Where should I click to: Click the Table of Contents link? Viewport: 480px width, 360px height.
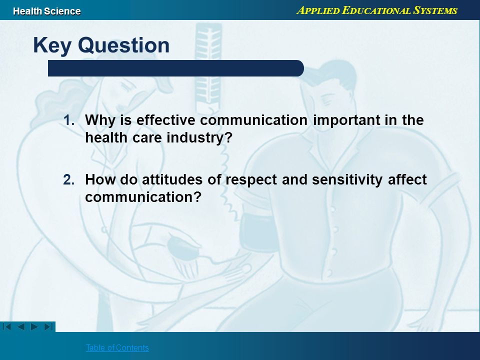pos(117,347)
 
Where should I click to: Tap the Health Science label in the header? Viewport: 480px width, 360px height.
pos(47,11)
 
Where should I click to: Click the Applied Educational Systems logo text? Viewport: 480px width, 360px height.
pos(377,10)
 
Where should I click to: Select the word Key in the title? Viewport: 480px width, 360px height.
pos(52,45)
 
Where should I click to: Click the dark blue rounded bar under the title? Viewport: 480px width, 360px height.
pos(175,68)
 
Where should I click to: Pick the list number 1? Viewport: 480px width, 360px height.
pos(69,120)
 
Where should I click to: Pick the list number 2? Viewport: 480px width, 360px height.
pos(69,179)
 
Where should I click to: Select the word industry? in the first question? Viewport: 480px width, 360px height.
pos(199,138)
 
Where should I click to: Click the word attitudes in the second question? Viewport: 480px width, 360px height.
pos(172,179)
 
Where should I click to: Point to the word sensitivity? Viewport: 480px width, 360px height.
pos(347,179)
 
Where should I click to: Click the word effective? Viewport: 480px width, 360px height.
pos(165,120)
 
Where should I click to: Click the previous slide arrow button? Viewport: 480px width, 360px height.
pos(21,326)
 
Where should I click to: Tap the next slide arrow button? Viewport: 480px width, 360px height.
pos(34,326)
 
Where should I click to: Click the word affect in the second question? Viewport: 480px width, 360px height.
pos(407,179)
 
